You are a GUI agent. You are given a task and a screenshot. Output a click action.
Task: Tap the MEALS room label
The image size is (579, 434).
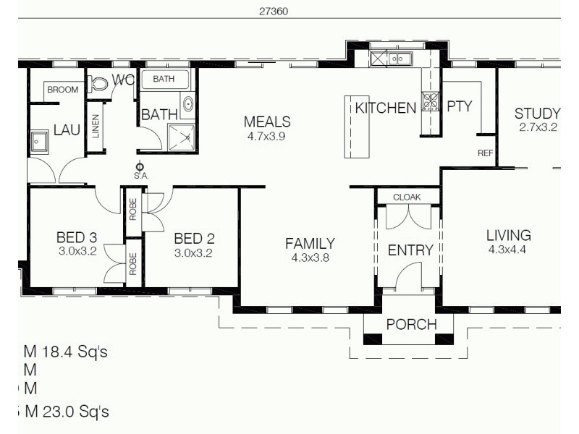(x=267, y=122)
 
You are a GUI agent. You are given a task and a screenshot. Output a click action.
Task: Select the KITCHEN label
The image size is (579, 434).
(x=385, y=109)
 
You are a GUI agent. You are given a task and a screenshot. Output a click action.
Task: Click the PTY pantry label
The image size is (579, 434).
(x=459, y=106)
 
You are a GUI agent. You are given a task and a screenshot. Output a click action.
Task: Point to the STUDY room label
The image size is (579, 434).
(x=537, y=114)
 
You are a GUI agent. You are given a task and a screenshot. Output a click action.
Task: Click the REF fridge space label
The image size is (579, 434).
(x=485, y=153)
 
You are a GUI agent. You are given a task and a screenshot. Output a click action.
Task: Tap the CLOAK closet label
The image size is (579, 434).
(x=407, y=197)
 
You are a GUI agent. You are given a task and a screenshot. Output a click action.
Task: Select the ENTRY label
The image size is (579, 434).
(x=410, y=250)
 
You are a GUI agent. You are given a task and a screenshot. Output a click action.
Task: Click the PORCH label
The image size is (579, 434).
(x=410, y=324)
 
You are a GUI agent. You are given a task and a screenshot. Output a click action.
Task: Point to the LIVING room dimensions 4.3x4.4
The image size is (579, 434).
(x=508, y=250)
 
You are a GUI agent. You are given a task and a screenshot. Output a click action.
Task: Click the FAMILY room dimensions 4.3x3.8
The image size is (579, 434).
(x=309, y=257)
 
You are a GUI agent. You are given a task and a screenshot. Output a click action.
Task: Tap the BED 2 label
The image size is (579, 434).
(x=194, y=239)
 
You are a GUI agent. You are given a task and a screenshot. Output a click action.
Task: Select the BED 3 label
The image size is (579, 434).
(x=76, y=239)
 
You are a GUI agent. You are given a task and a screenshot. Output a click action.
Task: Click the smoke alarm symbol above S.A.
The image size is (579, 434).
(x=140, y=166)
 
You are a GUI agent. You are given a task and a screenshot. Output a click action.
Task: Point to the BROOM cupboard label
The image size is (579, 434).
(x=62, y=90)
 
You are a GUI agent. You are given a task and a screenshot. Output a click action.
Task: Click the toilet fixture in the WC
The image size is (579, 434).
(x=101, y=84)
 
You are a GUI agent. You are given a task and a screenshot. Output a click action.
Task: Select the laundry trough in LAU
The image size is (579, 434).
(x=38, y=142)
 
